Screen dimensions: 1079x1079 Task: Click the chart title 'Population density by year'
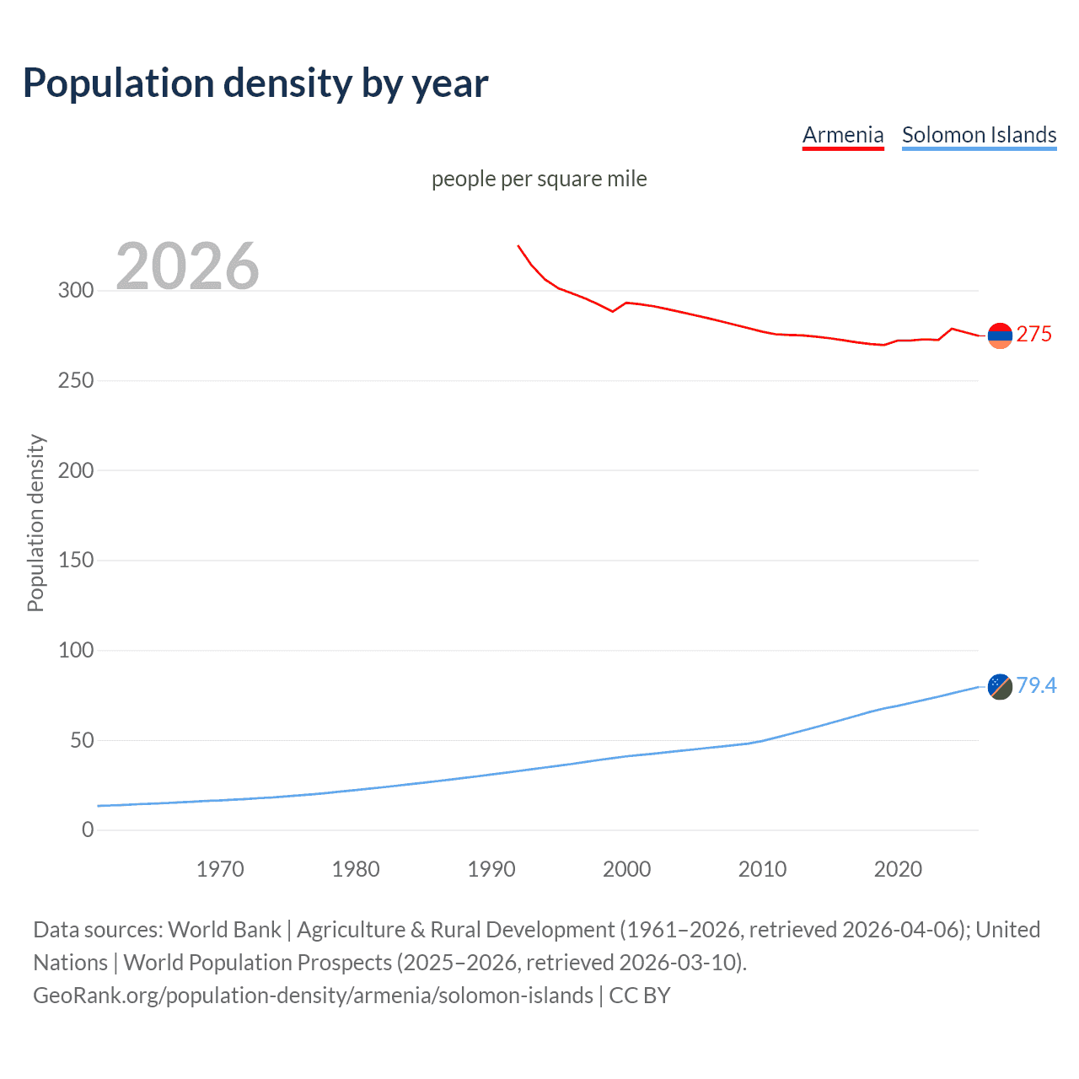click(255, 83)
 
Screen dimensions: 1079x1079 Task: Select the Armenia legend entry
click(842, 135)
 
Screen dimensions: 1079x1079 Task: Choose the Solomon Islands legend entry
click(979, 135)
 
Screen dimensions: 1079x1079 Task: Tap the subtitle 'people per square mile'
click(539, 179)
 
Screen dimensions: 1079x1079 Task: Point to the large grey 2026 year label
click(187, 266)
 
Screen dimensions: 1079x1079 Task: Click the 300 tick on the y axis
click(76, 291)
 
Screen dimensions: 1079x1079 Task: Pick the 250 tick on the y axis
click(76, 380)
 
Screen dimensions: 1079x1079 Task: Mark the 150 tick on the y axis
click(76, 560)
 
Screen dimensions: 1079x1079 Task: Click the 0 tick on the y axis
click(88, 829)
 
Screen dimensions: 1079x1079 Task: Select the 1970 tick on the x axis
click(220, 869)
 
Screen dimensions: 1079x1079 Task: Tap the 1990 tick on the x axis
click(491, 869)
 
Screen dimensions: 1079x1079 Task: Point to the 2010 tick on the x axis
click(762, 869)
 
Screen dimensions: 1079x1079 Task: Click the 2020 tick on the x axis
click(898, 869)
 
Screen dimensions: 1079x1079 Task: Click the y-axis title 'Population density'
click(35, 523)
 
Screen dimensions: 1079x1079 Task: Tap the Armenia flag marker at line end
click(1000, 336)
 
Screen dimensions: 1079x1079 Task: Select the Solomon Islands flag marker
click(1000, 686)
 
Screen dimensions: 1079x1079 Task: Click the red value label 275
click(1033, 335)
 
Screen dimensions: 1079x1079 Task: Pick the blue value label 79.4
click(1036, 685)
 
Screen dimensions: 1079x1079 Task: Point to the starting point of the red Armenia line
click(518, 245)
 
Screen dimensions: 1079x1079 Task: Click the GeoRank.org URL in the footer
click(313, 996)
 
